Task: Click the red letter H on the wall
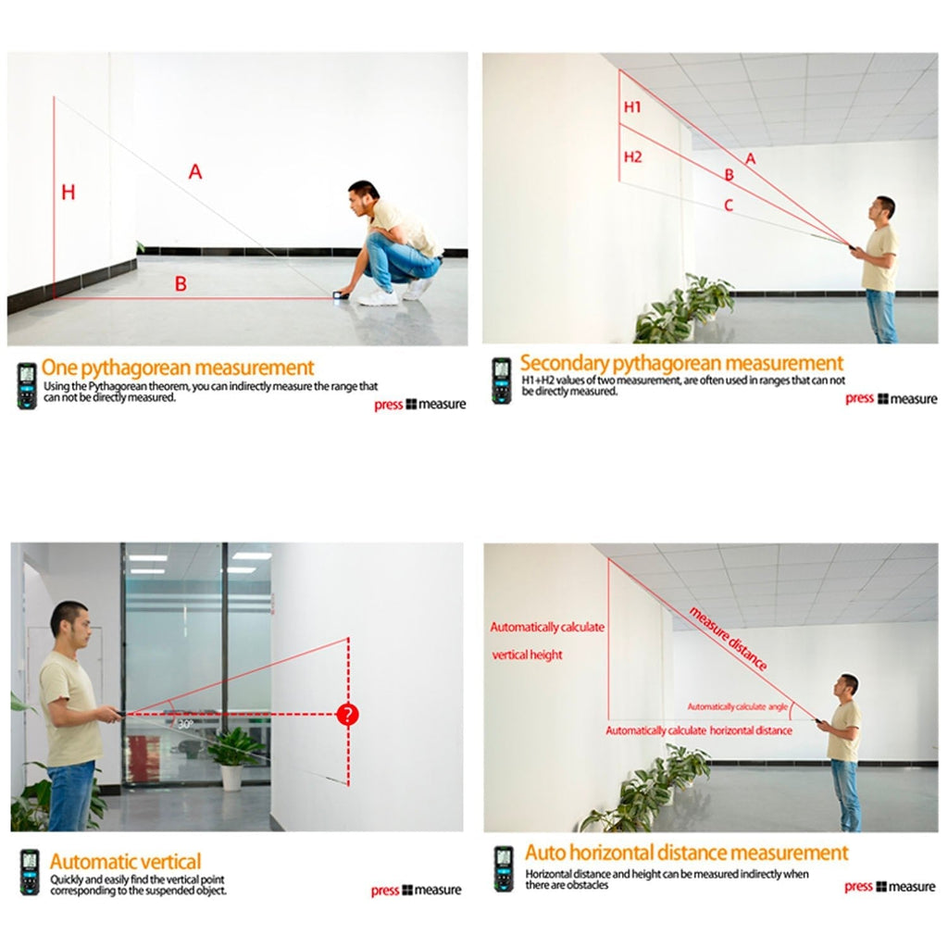point(69,193)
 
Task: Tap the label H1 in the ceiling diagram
point(632,107)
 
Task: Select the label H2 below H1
point(633,156)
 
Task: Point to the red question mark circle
point(348,714)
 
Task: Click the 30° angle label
point(185,724)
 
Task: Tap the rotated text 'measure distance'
point(728,639)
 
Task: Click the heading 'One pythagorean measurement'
point(178,368)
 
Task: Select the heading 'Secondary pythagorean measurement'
point(681,363)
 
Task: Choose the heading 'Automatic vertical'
point(125,862)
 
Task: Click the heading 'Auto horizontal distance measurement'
point(686,853)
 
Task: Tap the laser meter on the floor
point(341,295)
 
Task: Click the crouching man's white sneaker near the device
point(378,297)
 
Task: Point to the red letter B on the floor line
point(181,283)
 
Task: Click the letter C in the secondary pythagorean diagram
point(729,206)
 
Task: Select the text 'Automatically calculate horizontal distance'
point(699,730)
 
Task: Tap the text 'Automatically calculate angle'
point(738,706)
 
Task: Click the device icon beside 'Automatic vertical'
point(30,872)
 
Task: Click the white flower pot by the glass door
point(231,778)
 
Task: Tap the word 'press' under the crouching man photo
point(388,405)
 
